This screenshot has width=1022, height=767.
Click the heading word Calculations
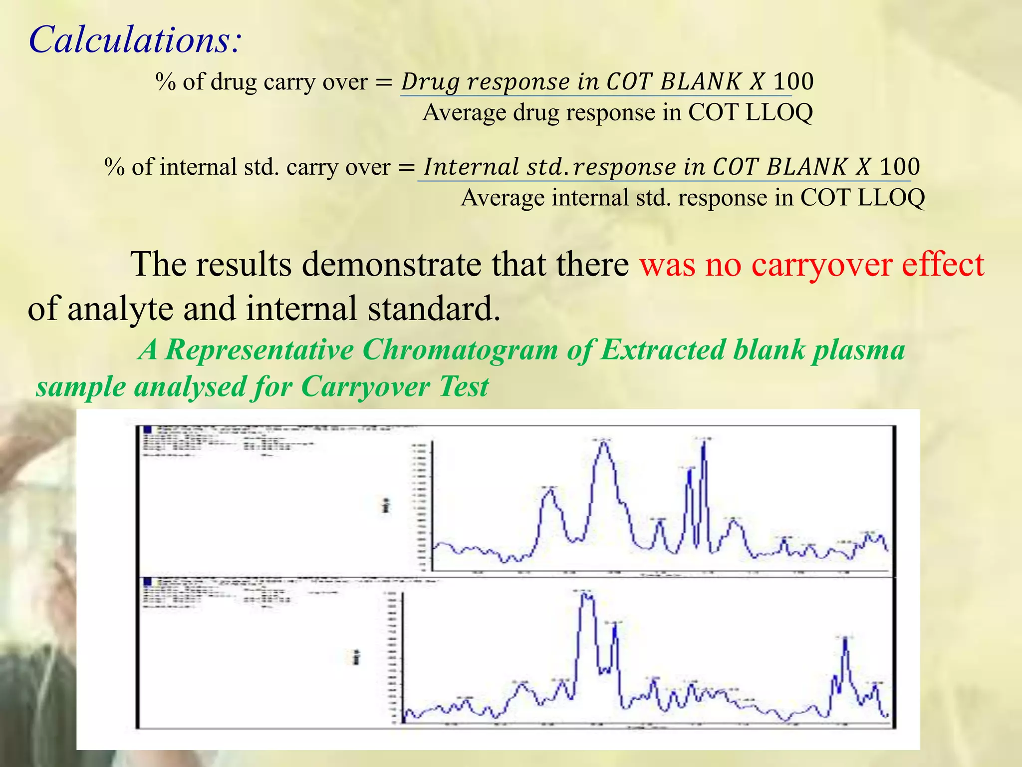coord(135,40)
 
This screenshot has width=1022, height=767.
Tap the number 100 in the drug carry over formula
coord(793,81)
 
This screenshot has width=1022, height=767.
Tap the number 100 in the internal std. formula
coord(899,167)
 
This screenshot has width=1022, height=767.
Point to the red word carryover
coord(821,264)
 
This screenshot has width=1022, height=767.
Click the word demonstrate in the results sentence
coord(392,264)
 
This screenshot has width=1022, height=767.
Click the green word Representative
coord(259,350)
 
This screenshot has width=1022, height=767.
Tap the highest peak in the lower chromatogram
coord(587,596)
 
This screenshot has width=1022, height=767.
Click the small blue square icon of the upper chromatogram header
coord(148,429)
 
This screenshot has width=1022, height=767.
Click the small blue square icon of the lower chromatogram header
coord(148,582)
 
